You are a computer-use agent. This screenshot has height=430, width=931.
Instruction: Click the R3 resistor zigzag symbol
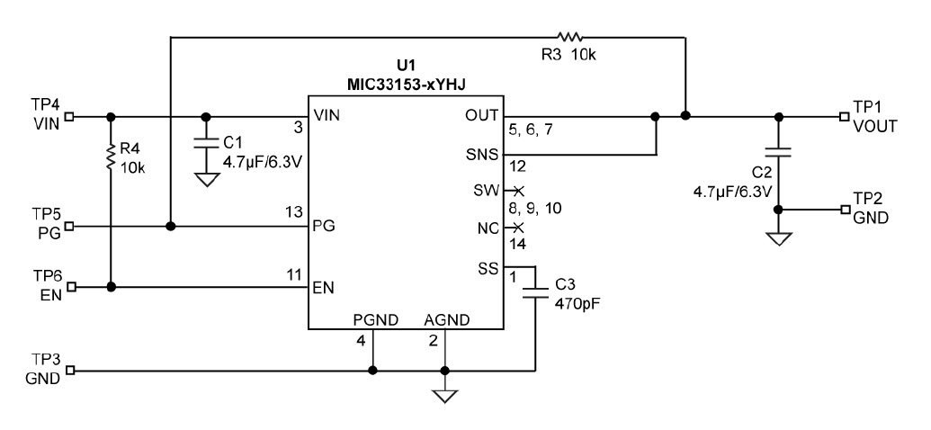point(569,37)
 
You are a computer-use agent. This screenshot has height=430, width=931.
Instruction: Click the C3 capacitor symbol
point(535,290)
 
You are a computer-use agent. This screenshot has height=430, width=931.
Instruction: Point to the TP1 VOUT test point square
point(843,116)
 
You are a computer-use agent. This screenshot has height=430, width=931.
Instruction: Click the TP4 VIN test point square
point(69,116)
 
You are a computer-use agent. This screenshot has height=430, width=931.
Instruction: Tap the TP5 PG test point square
point(69,227)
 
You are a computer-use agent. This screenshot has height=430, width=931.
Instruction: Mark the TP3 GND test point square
point(69,370)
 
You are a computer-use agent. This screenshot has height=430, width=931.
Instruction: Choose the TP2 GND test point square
point(843,209)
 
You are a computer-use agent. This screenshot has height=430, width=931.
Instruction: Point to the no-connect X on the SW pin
point(517,191)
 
